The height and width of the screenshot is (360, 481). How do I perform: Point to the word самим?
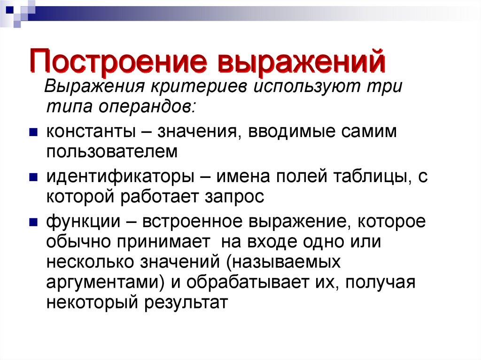[x=371, y=132]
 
